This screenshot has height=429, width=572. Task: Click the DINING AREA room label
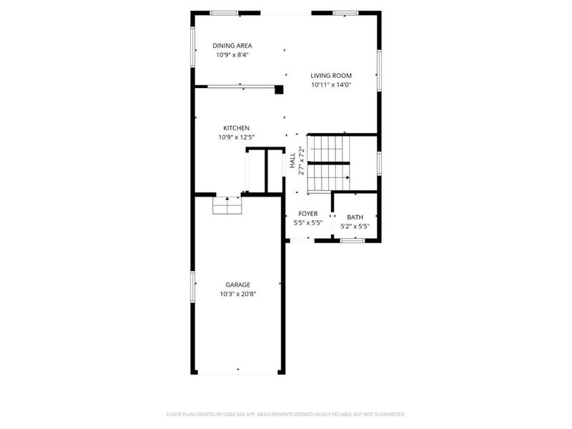(232, 46)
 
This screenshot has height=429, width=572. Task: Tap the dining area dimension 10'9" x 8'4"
(233, 55)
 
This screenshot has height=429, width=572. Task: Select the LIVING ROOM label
(331, 75)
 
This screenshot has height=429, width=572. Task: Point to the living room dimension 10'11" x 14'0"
(331, 84)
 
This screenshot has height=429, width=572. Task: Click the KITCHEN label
(236, 128)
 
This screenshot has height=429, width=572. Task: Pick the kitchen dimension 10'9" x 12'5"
(237, 137)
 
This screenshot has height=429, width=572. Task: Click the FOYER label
(308, 214)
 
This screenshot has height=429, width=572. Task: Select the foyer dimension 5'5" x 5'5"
(308, 223)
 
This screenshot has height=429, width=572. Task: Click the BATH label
(355, 217)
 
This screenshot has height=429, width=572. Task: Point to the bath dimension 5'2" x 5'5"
(355, 227)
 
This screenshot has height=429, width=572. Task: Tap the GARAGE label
(238, 285)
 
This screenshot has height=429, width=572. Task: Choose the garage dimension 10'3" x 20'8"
(238, 294)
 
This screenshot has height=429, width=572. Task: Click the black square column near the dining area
(280, 89)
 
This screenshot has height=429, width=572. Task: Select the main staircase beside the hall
(328, 164)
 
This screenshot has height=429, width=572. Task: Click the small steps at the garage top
(228, 206)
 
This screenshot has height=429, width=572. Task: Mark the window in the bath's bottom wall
(352, 241)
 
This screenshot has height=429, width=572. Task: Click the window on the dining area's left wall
(192, 49)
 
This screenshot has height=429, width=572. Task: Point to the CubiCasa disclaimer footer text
(286, 414)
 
